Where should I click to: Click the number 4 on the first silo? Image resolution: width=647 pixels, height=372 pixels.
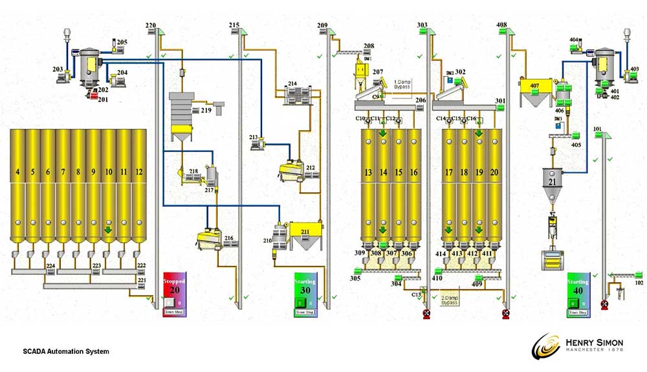(17, 172)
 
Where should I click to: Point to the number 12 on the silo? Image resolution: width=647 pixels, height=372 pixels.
(138, 172)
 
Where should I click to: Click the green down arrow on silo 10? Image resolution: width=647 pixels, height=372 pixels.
(109, 229)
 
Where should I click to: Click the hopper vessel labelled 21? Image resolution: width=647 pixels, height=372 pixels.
(552, 182)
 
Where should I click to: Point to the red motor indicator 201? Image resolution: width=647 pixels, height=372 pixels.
(94, 97)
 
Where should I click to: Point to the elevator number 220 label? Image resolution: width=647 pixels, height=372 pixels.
(150, 25)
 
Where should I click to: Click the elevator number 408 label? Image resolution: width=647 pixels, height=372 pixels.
(501, 25)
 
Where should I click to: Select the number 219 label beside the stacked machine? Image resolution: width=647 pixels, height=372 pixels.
(206, 111)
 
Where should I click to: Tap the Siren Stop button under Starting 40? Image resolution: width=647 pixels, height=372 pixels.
(578, 313)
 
